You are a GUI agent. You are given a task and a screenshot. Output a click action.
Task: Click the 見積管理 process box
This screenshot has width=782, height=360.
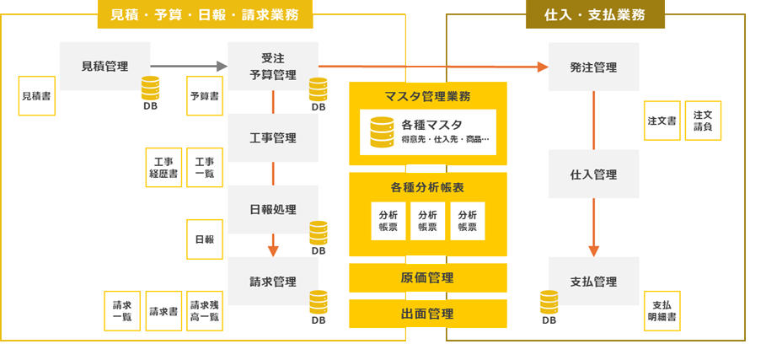[x=104, y=66]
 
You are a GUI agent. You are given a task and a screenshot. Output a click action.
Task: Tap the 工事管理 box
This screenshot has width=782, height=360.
[x=273, y=137]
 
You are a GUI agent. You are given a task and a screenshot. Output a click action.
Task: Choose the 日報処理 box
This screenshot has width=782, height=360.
[x=273, y=209]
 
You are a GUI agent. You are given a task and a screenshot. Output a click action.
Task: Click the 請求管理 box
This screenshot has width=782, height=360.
[x=273, y=282]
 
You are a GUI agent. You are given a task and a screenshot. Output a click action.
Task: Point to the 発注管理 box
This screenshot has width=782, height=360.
[x=593, y=67]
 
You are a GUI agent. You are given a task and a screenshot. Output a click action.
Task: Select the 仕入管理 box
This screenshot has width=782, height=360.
[x=593, y=175]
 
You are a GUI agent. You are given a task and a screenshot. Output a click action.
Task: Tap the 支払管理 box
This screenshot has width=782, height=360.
[x=593, y=281]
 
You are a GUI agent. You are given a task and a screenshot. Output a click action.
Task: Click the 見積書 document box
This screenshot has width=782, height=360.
[x=35, y=96]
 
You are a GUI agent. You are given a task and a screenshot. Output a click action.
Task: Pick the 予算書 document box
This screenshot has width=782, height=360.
[x=205, y=96]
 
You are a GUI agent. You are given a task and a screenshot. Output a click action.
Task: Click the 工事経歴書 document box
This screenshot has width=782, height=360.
[x=163, y=167]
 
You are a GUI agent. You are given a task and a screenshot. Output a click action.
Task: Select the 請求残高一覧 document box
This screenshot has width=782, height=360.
[x=205, y=311]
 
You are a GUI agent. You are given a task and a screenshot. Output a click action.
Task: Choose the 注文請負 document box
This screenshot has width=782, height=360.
[x=704, y=121]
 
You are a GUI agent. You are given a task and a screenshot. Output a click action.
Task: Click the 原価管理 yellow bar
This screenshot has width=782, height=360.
[x=428, y=277]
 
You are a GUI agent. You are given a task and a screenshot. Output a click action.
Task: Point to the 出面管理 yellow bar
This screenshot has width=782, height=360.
[x=428, y=314]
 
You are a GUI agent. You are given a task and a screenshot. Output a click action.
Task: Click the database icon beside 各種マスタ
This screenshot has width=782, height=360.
[x=383, y=131]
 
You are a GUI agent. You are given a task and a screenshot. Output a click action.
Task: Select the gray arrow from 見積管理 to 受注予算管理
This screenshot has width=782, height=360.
[x=189, y=66]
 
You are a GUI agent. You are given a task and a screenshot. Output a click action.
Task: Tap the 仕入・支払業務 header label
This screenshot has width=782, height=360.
[x=595, y=15]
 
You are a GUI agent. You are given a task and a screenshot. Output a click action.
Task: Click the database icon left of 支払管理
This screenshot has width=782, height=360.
[x=549, y=301]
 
